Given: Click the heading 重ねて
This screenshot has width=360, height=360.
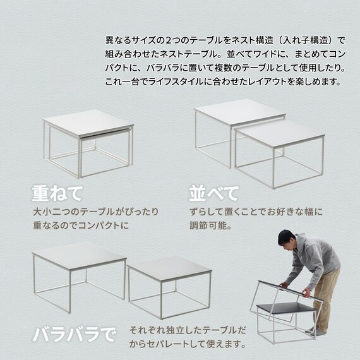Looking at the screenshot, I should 57,193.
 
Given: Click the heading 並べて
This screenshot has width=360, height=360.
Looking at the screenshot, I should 214,193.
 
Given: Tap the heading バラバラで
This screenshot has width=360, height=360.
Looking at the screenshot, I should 74,333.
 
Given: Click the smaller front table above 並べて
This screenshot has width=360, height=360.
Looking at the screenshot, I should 279,148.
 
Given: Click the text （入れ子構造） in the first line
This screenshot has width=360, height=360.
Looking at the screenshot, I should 301,39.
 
